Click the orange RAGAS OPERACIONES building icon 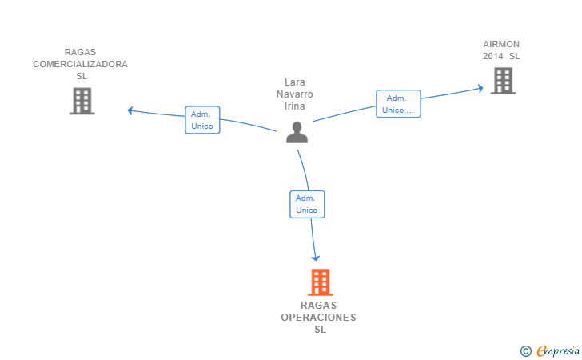click(x=321, y=282)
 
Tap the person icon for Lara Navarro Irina click(x=297, y=132)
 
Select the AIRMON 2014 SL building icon click(x=503, y=81)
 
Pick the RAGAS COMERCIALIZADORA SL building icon click(x=82, y=101)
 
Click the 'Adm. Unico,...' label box click(x=398, y=104)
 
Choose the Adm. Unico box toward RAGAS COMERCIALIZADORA click(x=202, y=120)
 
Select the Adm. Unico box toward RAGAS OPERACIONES click(x=307, y=204)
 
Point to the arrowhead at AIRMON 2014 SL click(x=480, y=89)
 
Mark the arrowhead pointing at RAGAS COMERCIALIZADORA click(x=130, y=110)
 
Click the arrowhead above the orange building click(x=316, y=258)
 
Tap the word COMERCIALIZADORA click(x=80, y=64)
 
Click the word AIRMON click(x=501, y=44)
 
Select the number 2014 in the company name click(x=493, y=56)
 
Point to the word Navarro click(x=295, y=94)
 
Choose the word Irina click(x=295, y=106)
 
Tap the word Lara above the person click(x=295, y=82)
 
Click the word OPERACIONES click(x=318, y=318)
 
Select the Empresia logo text click(x=558, y=350)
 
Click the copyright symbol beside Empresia click(x=525, y=351)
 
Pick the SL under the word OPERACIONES click(x=321, y=330)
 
